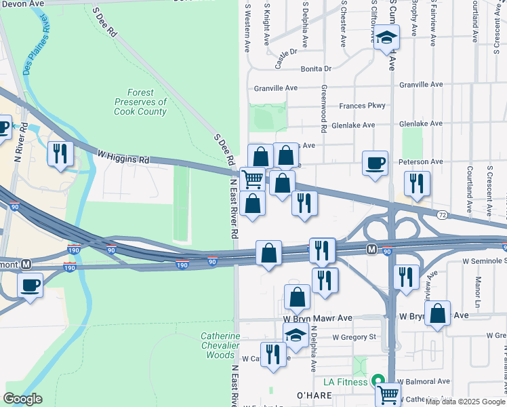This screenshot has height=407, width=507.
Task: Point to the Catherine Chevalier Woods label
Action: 220,345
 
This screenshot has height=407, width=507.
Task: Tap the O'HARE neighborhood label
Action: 310,395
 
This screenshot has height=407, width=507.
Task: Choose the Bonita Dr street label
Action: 317,69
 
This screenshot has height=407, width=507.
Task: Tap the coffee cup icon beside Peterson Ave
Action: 375,163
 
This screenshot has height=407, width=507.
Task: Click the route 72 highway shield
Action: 441,214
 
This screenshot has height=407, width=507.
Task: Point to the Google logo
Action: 22,399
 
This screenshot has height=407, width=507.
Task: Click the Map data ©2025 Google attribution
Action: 465,402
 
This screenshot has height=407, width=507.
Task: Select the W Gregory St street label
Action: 354,336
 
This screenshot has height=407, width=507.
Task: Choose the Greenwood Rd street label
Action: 324,109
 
